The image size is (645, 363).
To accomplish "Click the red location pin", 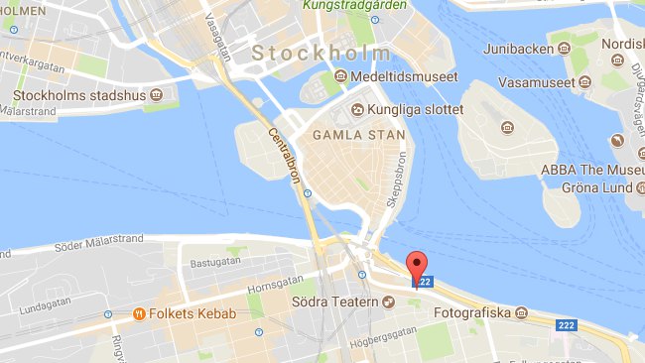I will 418,266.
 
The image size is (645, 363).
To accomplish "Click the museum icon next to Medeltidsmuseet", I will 340,76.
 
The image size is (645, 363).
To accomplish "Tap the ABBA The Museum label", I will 591,170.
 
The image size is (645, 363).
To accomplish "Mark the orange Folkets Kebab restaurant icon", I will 140,314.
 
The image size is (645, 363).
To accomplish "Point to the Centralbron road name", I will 286,158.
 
